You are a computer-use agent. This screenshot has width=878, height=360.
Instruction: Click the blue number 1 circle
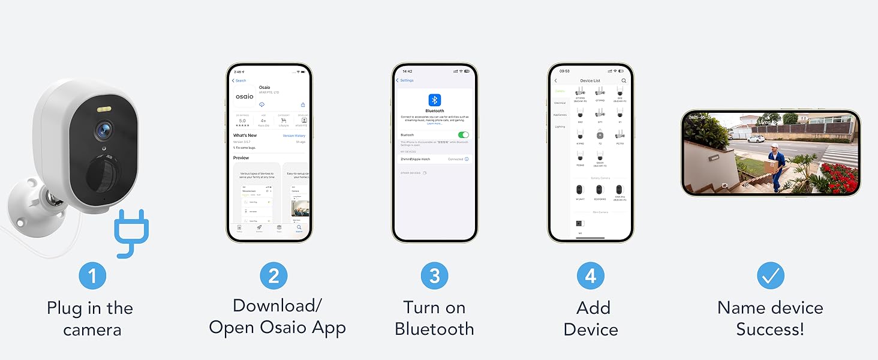click(92, 276)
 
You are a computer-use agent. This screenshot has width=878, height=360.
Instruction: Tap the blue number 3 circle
click(435, 276)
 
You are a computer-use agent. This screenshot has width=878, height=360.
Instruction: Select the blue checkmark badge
click(770, 276)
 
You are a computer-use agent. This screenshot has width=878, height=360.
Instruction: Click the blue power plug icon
click(131, 232)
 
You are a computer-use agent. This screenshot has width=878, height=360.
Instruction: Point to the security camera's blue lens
click(104, 128)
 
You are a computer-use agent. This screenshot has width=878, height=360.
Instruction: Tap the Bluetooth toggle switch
click(463, 135)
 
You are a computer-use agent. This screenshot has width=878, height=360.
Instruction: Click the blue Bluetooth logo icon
click(435, 100)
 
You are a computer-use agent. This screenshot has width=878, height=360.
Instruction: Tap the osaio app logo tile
click(244, 96)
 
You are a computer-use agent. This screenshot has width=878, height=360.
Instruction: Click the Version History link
click(294, 136)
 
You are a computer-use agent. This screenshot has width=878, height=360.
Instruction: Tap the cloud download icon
click(262, 104)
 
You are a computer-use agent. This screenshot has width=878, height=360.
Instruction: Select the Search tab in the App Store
click(299, 229)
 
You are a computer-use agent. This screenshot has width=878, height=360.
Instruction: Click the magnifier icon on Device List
click(624, 80)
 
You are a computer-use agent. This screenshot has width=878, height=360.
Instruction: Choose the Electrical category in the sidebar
click(560, 103)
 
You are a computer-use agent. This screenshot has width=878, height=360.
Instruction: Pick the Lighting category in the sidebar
click(560, 127)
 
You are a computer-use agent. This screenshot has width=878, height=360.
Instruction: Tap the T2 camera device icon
click(600, 134)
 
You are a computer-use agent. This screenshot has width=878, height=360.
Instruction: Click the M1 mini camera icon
click(580, 224)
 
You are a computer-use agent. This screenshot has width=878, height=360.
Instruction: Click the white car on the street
click(756, 138)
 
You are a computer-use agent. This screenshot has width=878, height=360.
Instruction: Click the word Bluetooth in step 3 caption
click(434, 329)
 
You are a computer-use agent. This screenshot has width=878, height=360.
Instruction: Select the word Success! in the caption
click(770, 329)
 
